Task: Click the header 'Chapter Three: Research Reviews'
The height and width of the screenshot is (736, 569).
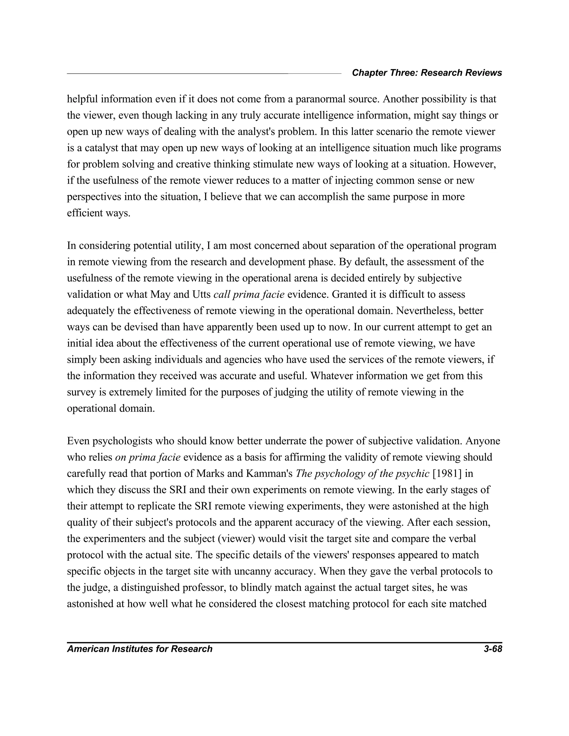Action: (427, 73)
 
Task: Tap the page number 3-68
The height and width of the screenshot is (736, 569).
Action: (493, 649)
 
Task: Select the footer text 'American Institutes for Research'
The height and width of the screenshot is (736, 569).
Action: (139, 649)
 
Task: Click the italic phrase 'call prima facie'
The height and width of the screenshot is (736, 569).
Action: (249, 294)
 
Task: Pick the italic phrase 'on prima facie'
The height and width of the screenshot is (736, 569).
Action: (148, 457)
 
